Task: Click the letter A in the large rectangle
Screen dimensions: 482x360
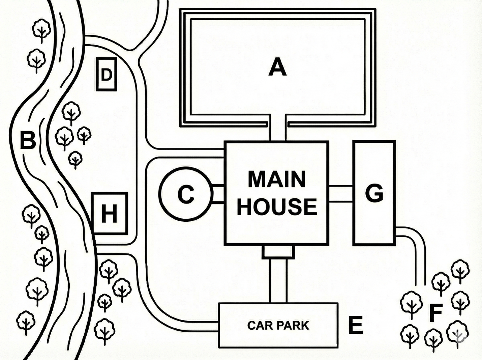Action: coord(277,67)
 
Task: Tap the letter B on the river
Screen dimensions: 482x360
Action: coord(28,140)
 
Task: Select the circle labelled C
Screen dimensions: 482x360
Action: coord(186,194)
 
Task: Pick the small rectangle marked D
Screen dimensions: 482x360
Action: coord(107,74)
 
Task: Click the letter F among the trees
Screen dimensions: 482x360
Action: coord(435,312)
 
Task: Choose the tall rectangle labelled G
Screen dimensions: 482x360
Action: coord(374,193)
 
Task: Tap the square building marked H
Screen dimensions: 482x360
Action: coord(109,213)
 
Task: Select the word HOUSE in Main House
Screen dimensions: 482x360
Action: coord(277,207)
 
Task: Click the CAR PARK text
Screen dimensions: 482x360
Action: coord(278,326)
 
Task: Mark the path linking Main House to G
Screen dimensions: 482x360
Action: coord(340,194)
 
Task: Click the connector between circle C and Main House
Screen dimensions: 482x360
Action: coord(218,194)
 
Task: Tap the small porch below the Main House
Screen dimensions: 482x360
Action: coord(278,252)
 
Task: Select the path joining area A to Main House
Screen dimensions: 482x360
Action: coord(278,128)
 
